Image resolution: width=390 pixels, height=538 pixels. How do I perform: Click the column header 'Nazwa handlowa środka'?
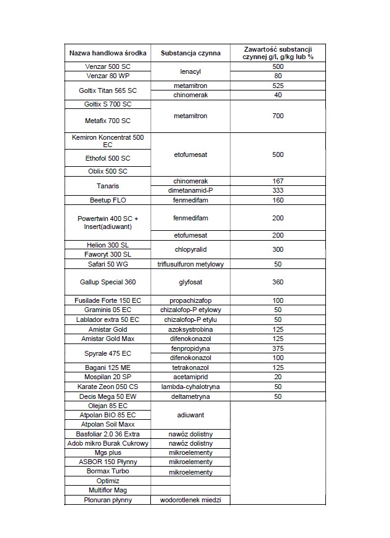(108, 53)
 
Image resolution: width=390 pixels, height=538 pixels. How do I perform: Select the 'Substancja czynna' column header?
(190, 53)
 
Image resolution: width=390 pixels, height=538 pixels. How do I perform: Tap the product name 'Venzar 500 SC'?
(108, 66)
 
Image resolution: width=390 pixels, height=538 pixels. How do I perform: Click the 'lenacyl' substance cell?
(190, 71)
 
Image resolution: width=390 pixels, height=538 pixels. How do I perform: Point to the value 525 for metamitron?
(278, 86)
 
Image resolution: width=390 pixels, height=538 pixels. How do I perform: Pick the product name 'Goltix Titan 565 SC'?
(108, 90)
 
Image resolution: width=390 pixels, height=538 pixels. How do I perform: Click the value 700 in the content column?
(278, 116)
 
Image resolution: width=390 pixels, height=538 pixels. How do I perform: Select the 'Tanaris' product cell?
(108, 186)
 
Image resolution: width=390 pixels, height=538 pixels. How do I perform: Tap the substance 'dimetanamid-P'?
(190, 191)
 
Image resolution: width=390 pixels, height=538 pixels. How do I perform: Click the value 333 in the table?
(278, 191)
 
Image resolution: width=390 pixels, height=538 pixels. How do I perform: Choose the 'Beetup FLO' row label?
(108, 200)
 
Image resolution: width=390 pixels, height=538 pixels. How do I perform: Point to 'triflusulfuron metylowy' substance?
(190, 264)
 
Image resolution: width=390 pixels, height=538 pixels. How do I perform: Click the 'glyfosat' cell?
(190, 282)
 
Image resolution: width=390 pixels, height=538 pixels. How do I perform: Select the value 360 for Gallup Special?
(278, 282)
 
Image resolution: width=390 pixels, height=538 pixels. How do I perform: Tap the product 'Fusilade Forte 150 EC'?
(108, 300)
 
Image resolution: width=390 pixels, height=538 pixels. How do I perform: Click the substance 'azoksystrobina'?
(190, 329)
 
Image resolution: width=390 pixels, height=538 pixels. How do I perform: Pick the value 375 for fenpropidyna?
(278, 348)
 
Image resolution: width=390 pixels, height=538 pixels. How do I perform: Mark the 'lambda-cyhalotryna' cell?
(190, 387)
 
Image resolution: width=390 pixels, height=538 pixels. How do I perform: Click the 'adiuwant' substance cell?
(190, 416)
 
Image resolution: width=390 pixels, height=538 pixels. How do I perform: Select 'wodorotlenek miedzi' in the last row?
(190, 500)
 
